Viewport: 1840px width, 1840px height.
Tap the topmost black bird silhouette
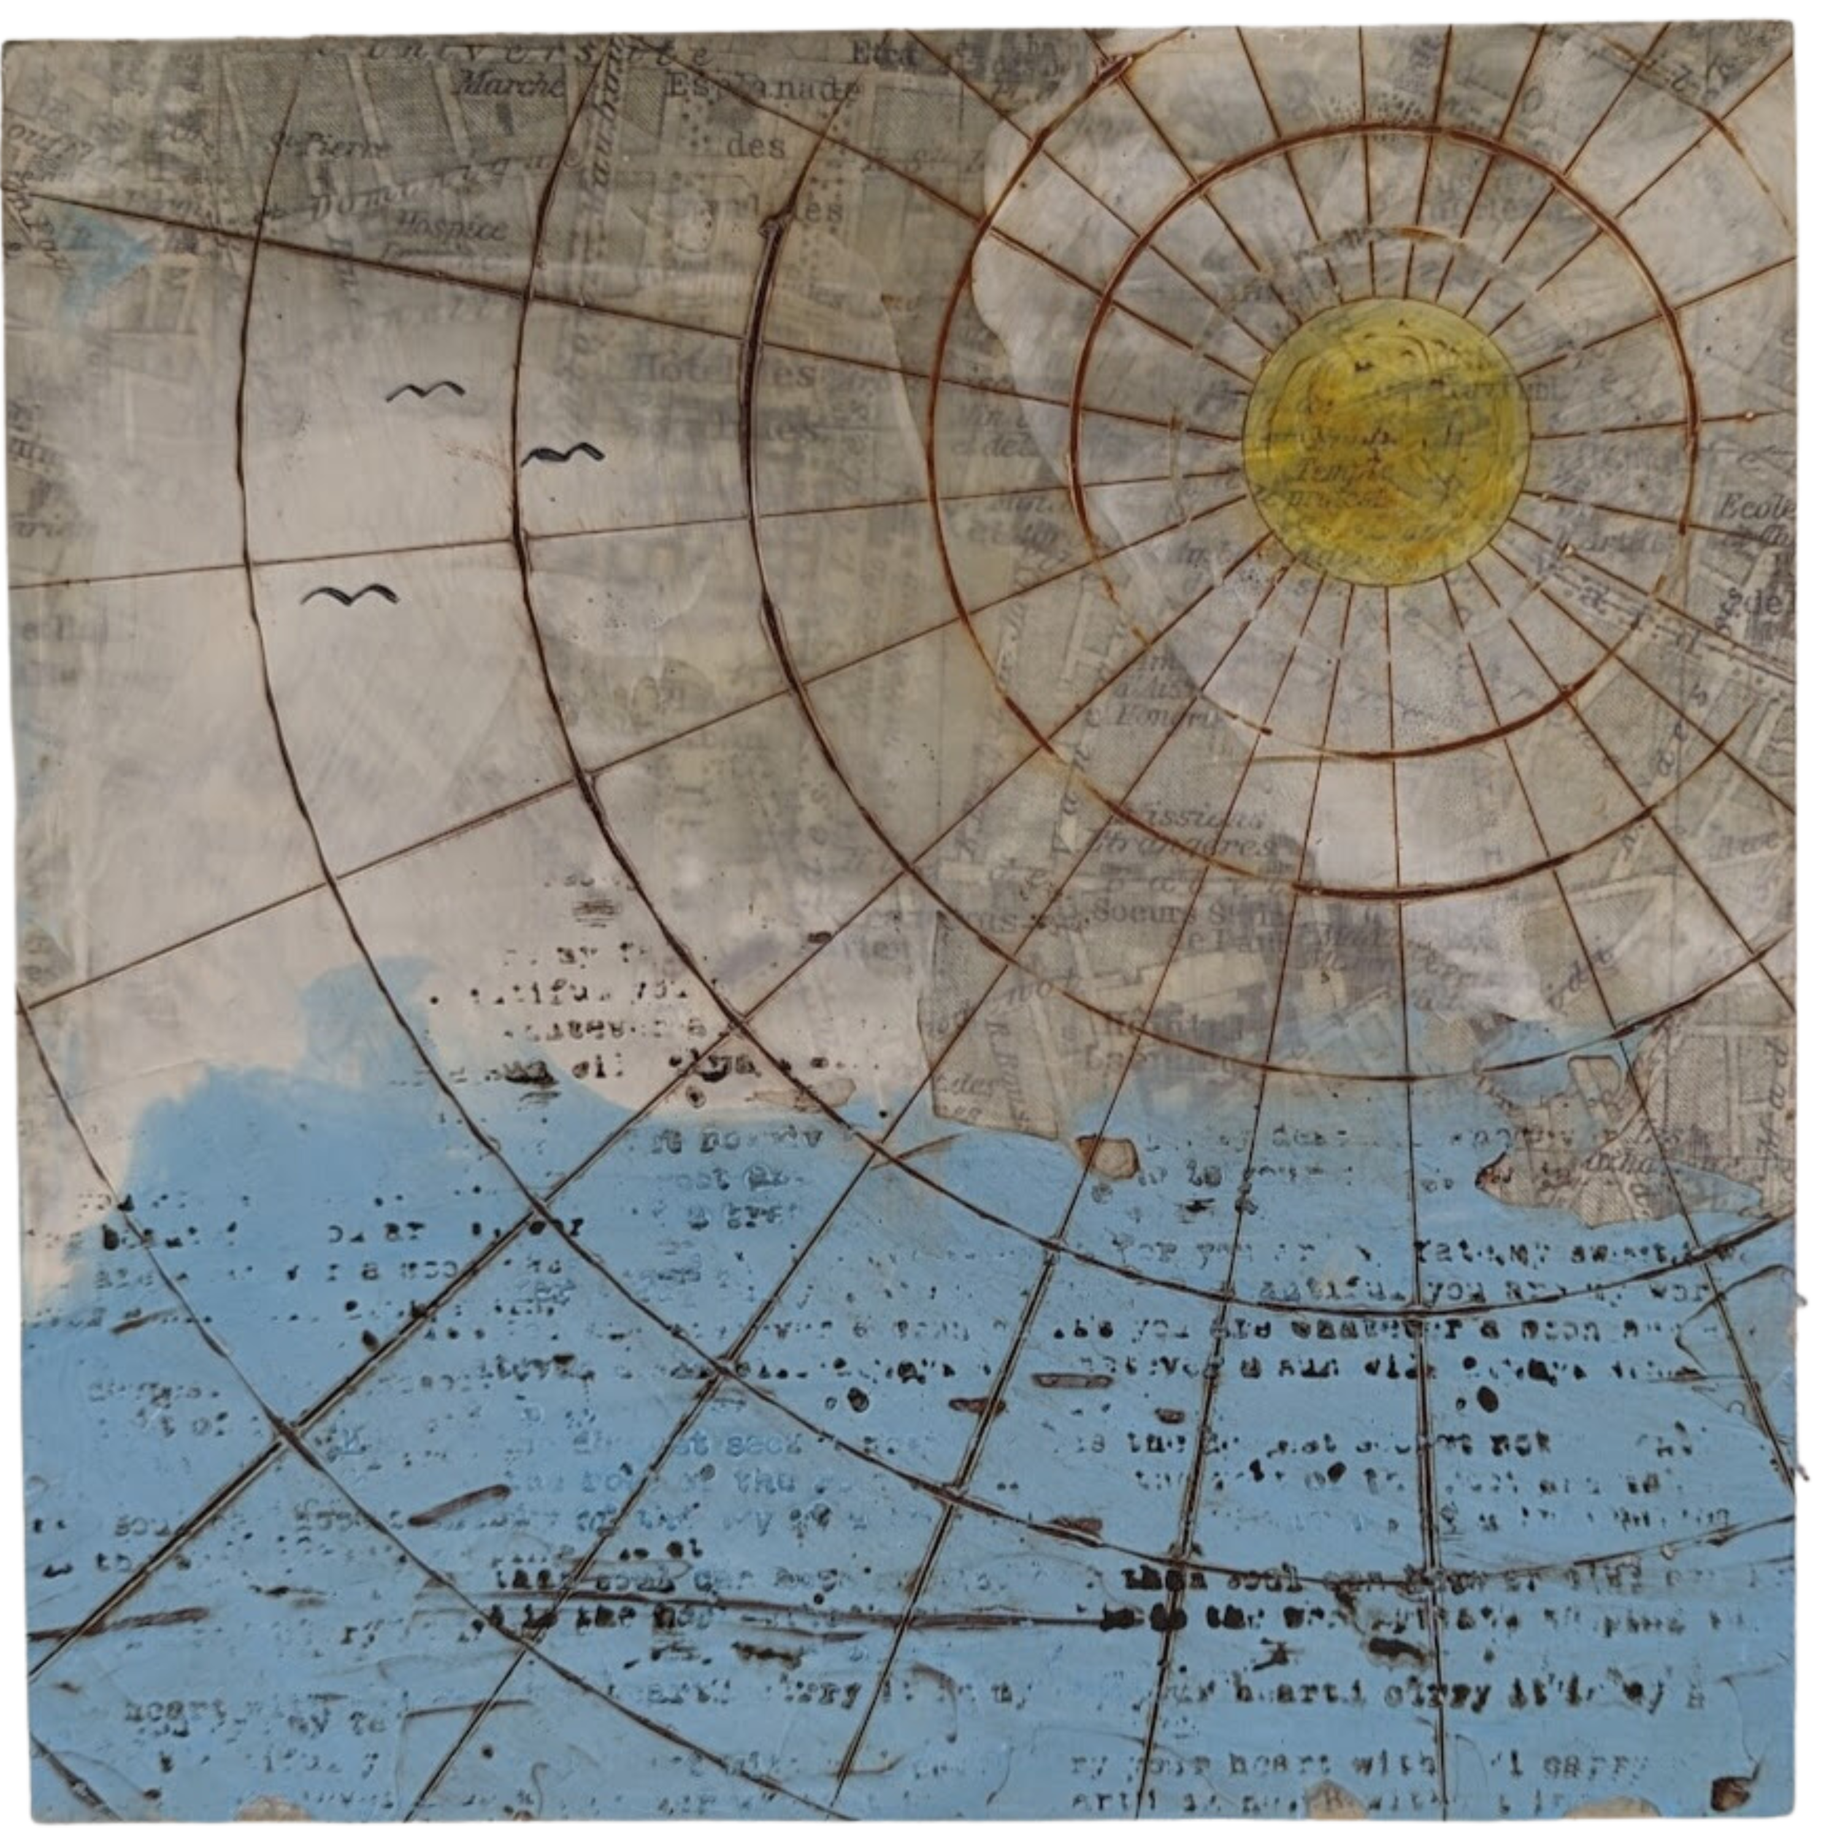click(x=426, y=391)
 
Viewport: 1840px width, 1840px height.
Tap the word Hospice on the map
click(x=463, y=227)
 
